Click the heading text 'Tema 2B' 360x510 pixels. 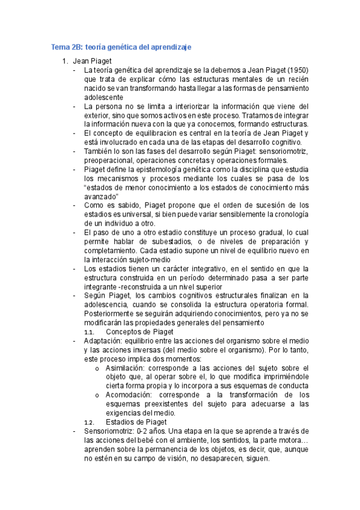point(66,46)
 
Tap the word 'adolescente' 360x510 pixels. point(104,97)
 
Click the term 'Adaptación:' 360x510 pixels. point(106,341)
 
